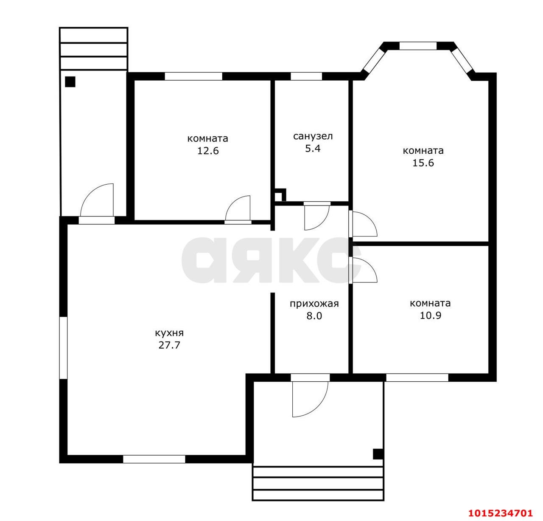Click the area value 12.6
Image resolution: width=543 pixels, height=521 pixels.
pos(208,151)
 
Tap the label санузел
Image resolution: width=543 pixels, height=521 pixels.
pos(313,136)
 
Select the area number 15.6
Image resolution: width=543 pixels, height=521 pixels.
pos(423,163)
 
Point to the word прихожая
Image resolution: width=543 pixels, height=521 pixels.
pos(314,304)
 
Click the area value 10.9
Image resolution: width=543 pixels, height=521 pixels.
pos(430,315)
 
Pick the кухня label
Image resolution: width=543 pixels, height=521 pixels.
pos(169,333)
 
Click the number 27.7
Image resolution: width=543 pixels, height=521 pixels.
pos(169,345)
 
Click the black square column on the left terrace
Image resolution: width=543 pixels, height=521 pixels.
pos(70,82)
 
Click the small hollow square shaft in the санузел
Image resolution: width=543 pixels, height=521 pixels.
pos(280,195)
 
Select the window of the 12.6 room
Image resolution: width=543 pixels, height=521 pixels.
pos(193,76)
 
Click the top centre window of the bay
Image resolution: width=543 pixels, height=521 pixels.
pos(418,46)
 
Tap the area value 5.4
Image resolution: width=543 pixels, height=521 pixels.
pos(313,148)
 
